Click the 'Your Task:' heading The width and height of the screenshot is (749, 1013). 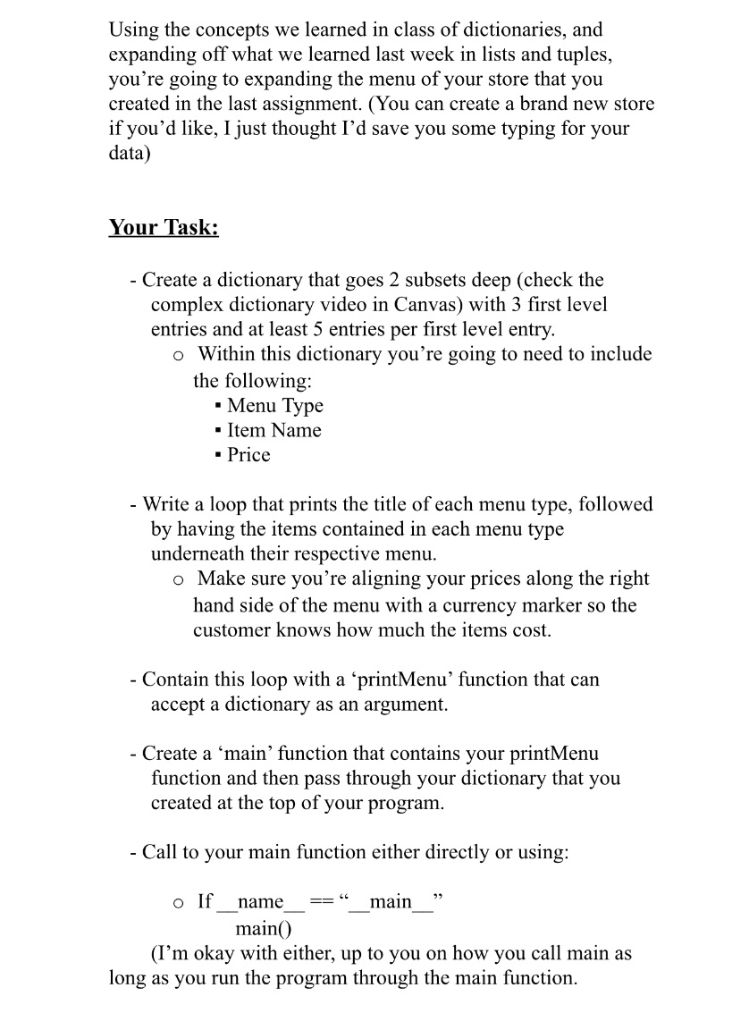click(164, 227)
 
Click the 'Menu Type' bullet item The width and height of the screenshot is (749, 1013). click(274, 406)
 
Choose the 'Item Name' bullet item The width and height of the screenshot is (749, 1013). click(274, 430)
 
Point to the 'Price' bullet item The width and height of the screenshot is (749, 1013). click(248, 455)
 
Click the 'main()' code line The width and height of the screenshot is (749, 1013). click(259, 928)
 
